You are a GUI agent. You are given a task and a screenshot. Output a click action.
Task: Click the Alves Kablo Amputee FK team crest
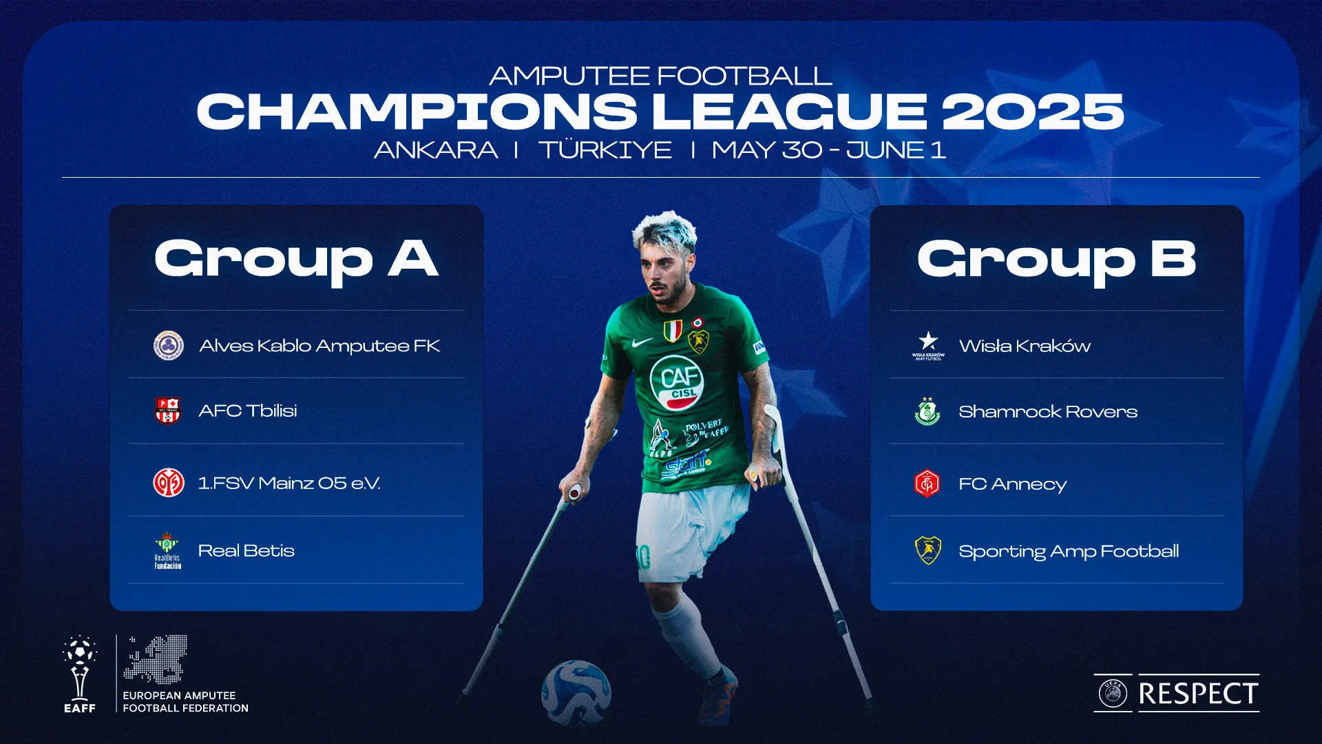(168, 345)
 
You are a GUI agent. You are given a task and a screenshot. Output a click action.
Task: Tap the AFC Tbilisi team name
(248, 411)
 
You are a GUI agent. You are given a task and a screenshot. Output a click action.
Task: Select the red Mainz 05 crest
(168, 483)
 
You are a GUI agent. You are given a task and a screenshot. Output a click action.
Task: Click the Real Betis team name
(246, 550)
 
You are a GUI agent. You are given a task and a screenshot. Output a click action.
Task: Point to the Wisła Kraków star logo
(928, 342)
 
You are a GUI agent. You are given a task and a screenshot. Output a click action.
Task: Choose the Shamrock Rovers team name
(1047, 412)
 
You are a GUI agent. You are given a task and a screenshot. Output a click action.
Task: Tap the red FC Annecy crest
(927, 484)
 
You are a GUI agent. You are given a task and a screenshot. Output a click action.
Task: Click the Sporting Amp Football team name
(1068, 551)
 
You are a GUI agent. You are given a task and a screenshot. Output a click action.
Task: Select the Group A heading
(296, 260)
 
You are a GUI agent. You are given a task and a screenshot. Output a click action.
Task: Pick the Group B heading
(1056, 260)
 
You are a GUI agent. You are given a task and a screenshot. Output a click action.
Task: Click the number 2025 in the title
(1033, 112)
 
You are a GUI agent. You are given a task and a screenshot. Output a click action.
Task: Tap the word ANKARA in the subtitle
(436, 150)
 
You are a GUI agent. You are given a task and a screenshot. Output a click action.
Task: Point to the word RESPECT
(1198, 694)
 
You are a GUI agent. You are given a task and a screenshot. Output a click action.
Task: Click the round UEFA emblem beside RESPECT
(1113, 694)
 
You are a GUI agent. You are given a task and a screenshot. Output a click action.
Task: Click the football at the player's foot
(576, 692)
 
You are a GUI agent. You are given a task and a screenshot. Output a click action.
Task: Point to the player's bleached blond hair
(664, 230)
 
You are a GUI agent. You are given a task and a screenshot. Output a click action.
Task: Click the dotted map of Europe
(156, 659)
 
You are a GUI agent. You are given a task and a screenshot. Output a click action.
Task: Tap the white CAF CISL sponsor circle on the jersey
(678, 382)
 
